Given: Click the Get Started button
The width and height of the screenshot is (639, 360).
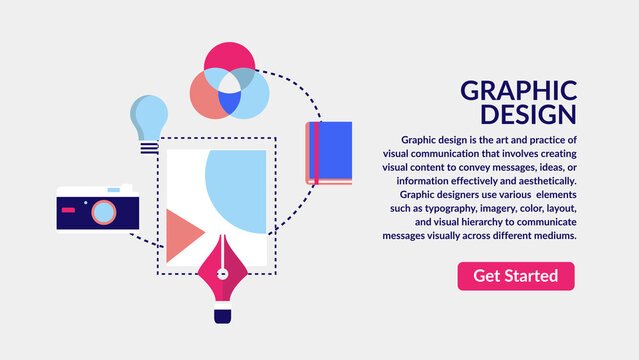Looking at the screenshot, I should [516, 276].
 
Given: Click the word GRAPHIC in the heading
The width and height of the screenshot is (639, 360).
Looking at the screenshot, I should [518, 90].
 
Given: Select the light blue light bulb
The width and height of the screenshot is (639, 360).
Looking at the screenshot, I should [150, 115].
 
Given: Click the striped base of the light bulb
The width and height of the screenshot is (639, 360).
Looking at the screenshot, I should [149, 146].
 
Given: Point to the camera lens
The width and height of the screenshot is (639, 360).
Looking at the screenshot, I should [103, 211].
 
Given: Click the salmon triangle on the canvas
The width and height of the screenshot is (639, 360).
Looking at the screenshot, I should [181, 236].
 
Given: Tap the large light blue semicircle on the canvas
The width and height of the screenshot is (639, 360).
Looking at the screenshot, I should [236, 186].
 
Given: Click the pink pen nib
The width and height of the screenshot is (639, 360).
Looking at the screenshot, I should [222, 285].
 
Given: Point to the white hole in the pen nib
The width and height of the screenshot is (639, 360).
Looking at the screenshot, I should [222, 274].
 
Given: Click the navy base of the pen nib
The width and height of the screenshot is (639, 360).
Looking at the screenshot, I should [222, 316].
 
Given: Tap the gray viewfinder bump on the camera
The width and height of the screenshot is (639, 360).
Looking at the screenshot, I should [124, 187].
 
